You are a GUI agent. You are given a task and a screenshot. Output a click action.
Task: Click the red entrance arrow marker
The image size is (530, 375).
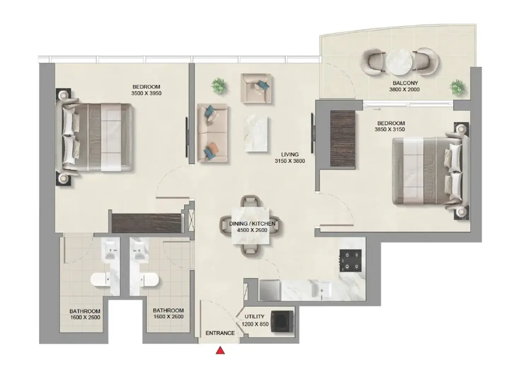tap(220, 350)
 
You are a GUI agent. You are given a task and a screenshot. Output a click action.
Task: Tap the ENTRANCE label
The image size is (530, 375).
tap(220, 333)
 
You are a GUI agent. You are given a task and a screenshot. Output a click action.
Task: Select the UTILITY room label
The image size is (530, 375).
tap(254, 317)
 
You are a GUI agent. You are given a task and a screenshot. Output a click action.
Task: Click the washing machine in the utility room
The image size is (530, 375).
tap(282, 321)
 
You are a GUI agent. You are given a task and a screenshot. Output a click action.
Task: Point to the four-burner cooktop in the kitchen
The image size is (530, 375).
tap(351, 260)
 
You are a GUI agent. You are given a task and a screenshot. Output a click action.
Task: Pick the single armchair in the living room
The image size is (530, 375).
tap(256, 88)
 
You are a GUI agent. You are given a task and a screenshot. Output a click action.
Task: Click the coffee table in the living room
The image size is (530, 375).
tap(256, 134)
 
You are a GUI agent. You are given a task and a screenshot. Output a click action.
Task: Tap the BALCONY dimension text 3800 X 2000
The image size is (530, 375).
tap(404, 89)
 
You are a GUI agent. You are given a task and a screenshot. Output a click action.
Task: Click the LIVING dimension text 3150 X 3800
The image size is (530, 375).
tap(290, 161)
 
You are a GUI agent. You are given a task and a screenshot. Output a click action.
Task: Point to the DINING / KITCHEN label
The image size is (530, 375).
tap(252, 224)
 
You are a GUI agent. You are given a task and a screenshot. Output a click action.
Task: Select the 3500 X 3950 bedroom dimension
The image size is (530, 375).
tap(146, 93)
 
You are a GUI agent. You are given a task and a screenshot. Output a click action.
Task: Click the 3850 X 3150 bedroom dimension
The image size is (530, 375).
tap(389, 129)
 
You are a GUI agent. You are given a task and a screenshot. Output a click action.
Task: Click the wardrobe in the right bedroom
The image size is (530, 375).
tap(343, 139)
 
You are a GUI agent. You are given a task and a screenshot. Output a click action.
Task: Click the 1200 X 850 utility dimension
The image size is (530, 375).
tap(255, 324)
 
